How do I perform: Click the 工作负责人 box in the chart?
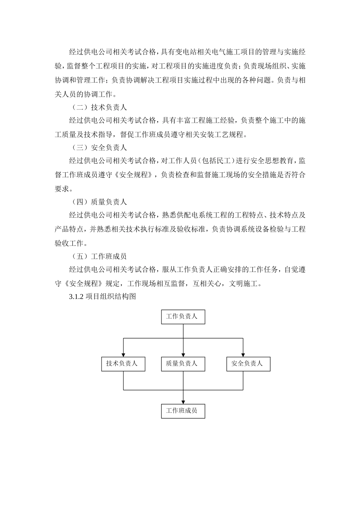(x=183, y=317)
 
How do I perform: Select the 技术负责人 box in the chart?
(x=123, y=364)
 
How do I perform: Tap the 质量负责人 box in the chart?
(x=183, y=364)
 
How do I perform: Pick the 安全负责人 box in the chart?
(x=248, y=364)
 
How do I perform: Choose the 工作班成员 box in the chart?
(x=183, y=411)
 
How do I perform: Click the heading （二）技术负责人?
(x=99, y=107)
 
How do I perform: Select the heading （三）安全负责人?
(x=99, y=148)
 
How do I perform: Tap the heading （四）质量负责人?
(x=99, y=202)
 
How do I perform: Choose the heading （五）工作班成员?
(x=99, y=256)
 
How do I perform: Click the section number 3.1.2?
(x=76, y=297)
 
